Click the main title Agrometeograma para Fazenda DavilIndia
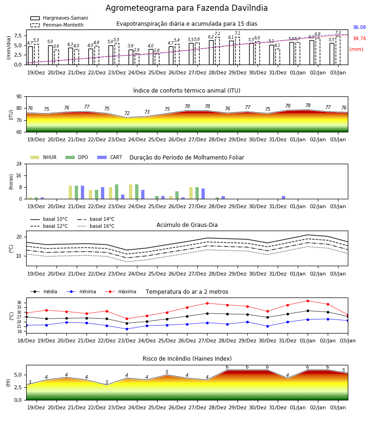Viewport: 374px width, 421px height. coord(187,8)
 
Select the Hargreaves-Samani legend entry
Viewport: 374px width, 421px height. coord(59,18)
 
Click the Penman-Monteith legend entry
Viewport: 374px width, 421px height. coord(57,25)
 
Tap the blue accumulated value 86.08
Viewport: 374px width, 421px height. coord(360,28)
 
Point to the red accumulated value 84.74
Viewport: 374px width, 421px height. coord(360,39)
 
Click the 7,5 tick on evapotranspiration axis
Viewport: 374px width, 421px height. coord(18,36)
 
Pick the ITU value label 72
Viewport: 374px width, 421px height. coord(127,113)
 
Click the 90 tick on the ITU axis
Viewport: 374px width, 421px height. coord(19,97)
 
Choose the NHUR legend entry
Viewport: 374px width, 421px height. coord(43,157)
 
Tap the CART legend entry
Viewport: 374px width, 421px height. coord(110,157)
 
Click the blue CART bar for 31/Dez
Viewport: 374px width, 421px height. coord(284,197)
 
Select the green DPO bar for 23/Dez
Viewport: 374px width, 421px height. coord(117,192)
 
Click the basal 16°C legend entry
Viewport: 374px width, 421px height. coord(96,226)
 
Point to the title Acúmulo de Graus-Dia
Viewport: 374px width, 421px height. coord(187,225)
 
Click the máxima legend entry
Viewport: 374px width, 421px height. coord(121,291)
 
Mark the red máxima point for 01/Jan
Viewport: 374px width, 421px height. coord(308,301)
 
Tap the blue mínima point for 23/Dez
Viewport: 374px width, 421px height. coord(127,329)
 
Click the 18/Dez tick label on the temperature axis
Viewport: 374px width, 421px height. coord(26,341)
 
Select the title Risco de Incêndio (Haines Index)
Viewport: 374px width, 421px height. coord(187,359)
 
